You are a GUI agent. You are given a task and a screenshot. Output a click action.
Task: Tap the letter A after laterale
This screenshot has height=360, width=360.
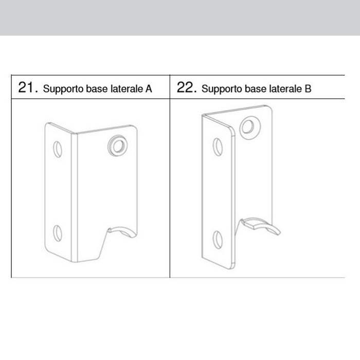click(x=149, y=88)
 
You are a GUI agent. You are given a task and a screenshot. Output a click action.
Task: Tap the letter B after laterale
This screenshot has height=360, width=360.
click(x=308, y=88)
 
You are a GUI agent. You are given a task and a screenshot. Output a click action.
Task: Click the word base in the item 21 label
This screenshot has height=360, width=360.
click(x=91, y=88)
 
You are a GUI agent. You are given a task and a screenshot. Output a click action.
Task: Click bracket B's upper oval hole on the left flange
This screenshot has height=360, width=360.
click(x=218, y=148)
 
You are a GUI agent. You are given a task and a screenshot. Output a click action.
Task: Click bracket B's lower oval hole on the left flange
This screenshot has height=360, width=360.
click(x=218, y=238)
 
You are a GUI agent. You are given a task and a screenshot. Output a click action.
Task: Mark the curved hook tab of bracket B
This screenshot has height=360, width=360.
click(x=259, y=224)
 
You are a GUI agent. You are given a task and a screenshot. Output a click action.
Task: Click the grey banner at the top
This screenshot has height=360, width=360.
click(x=180, y=17)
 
